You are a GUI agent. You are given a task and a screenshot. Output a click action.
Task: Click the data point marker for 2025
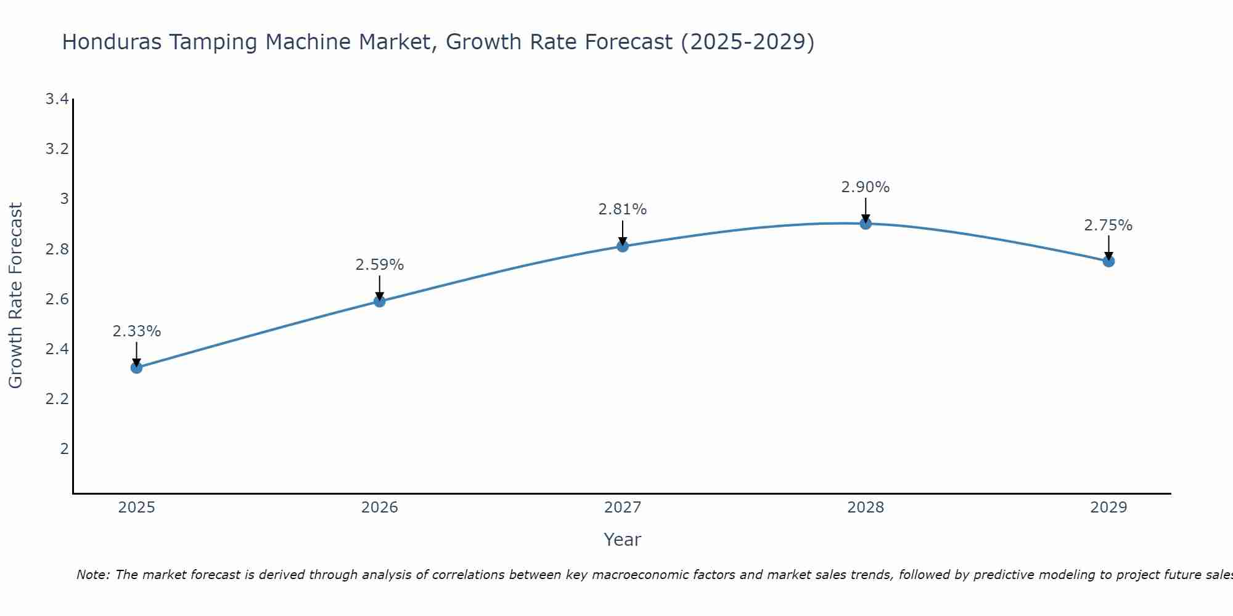click(x=137, y=368)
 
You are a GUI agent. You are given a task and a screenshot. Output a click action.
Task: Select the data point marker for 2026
click(x=380, y=301)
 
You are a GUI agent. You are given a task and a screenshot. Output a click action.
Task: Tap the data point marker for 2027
click(x=623, y=246)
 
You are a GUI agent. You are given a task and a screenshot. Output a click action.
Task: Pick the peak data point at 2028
click(x=866, y=224)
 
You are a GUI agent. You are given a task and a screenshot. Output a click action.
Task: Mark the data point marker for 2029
click(x=1108, y=261)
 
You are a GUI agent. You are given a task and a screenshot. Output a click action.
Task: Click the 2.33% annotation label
click(x=137, y=331)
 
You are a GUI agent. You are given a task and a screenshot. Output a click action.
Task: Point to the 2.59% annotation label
click(x=380, y=265)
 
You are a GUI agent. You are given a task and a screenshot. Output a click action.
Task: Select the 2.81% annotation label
click(x=623, y=209)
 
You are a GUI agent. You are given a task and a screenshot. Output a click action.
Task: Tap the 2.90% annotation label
click(x=866, y=187)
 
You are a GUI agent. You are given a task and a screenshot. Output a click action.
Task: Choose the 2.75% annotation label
click(x=1108, y=225)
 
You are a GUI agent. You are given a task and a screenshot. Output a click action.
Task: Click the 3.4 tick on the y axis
click(x=57, y=99)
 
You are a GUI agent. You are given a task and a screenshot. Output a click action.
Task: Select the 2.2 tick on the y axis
click(x=57, y=399)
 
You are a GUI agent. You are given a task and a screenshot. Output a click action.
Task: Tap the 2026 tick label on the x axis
click(x=380, y=508)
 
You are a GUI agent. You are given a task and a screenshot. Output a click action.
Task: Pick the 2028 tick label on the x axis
click(x=866, y=508)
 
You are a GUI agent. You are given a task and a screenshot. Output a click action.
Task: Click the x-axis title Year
click(x=623, y=540)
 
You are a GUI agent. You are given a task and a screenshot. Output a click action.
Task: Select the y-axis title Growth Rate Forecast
click(x=16, y=296)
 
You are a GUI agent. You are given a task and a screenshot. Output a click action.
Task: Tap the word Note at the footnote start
click(x=92, y=575)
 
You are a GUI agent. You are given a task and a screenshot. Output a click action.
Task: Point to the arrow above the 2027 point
click(x=623, y=233)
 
